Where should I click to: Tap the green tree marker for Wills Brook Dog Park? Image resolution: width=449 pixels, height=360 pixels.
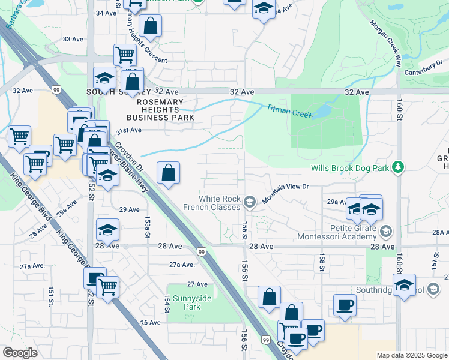click(x=397, y=169)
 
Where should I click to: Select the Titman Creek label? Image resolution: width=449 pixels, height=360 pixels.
click(x=289, y=110)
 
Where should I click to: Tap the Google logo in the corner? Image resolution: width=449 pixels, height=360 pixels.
click(x=20, y=353)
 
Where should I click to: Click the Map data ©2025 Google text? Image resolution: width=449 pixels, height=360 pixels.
click(x=412, y=355)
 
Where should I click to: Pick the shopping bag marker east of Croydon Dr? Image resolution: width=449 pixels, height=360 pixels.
click(x=169, y=173)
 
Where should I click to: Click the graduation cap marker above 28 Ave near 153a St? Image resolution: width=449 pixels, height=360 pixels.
click(x=107, y=230)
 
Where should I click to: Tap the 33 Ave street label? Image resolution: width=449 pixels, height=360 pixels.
click(x=71, y=38)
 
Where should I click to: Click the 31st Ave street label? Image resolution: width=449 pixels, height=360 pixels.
click(x=128, y=130)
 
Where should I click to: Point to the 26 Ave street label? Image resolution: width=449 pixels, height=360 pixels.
click(x=151, y=322)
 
